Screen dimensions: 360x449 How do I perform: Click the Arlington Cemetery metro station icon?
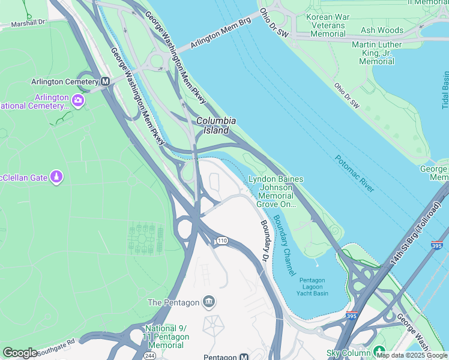[106, 82]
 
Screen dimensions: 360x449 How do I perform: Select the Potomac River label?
[354, 174]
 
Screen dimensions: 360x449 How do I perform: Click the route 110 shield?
[222, 241]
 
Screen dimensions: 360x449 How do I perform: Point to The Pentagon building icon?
[209, 301]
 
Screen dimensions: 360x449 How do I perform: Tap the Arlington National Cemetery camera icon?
[78, 99]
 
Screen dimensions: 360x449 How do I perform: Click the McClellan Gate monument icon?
[56, 177]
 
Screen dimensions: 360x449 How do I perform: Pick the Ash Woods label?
[382, 30]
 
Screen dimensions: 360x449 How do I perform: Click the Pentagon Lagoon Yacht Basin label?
[313, 287]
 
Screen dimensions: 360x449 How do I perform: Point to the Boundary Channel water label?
[283, 245]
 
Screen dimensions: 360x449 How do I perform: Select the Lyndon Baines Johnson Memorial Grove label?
[276, 191]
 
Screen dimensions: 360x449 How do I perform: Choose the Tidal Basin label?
[445, 90]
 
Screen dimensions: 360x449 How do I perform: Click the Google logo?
[20, 353]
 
